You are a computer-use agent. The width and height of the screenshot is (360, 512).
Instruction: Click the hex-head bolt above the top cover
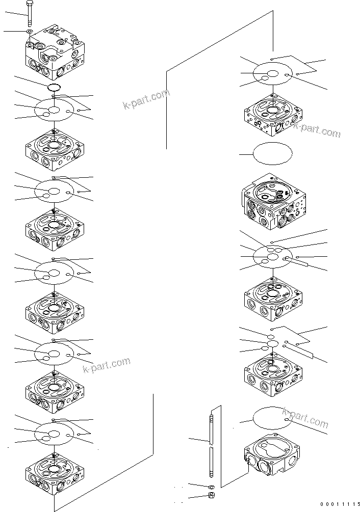(x=30, y=14)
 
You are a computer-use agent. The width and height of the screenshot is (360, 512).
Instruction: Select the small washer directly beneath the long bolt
(x=30, y=32)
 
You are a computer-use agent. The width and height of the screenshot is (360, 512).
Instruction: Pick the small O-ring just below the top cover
(x=55, y=88)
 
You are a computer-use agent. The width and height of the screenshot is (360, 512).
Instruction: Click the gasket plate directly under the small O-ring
(x=54, y=110)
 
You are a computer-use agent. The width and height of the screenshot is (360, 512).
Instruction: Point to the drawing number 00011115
(x=339, y=504)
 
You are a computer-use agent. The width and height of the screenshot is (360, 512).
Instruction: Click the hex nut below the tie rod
(x=211, y=496)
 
